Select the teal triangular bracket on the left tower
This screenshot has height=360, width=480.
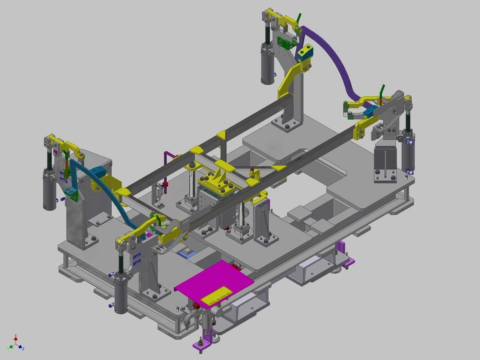pyautogui.click(x=72, y=194)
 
